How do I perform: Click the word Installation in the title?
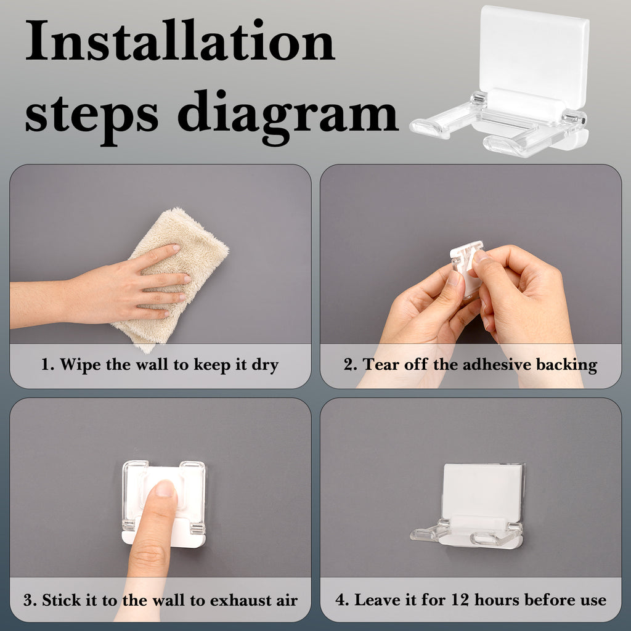180,40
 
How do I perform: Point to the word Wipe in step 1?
80,364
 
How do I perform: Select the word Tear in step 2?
381,364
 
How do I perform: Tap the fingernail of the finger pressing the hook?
165,488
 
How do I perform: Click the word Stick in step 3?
64,600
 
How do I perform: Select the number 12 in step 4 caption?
460,600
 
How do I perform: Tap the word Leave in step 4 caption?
377,600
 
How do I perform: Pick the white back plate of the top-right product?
534,53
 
